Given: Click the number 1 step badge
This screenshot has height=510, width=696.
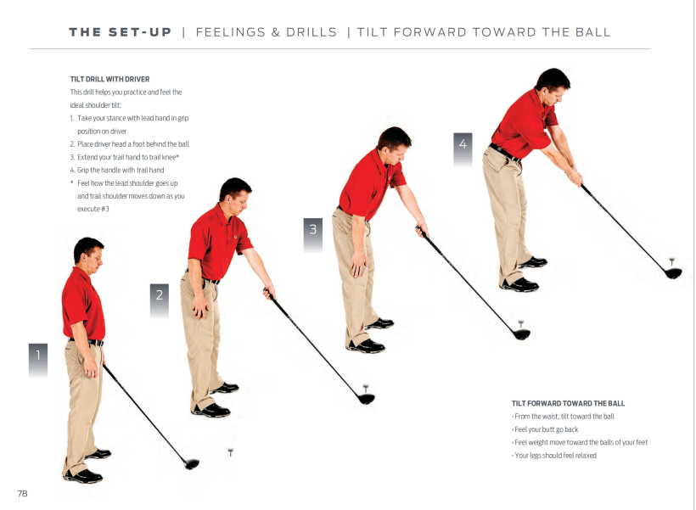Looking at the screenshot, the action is click(38, 360).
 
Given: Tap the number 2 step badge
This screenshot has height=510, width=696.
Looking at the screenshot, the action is click(160, 300).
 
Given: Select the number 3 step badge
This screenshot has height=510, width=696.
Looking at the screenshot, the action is click(313, 234).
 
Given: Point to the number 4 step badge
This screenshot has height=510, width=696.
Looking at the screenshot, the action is click(463, 149).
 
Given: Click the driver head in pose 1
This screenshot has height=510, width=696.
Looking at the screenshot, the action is click(192, 464).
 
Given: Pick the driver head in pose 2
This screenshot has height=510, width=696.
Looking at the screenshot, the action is click(366, 399).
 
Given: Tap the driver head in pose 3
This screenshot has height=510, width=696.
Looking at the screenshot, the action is click(522, 334).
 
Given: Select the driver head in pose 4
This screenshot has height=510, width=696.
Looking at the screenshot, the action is click(673, 273).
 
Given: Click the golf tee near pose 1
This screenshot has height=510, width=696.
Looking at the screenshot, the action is click(230, 452).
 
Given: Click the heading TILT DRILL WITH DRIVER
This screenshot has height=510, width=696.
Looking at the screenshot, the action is click(109, 79).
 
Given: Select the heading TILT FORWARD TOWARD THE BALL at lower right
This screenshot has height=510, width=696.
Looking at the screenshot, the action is click(568, 403).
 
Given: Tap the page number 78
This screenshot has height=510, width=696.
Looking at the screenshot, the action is click(22, 493).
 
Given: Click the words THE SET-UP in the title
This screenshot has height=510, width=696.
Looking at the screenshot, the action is click(120, 32).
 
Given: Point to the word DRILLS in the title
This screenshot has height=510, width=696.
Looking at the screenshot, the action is click(312, 32).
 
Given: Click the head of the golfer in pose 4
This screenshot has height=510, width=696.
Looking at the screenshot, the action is click(553, 86).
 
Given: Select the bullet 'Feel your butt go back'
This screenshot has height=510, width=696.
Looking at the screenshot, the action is click(545, 429).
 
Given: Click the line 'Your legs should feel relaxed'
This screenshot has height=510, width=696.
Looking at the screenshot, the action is click(554, 455).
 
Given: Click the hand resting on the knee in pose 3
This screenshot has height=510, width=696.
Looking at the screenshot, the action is click(358, 266).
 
